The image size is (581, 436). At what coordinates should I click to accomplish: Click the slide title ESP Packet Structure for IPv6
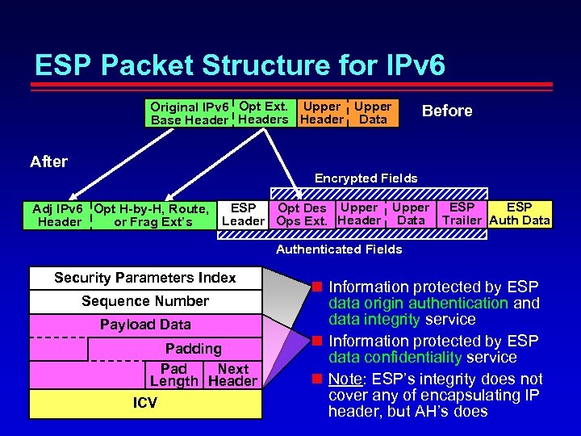240,65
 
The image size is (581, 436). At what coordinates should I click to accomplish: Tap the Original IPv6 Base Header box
190,113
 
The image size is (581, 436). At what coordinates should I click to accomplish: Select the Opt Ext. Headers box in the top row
263,112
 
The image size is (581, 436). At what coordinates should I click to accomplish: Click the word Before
447,111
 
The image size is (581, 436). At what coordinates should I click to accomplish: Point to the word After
48,161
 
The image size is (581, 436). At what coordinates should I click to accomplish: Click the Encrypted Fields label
366,178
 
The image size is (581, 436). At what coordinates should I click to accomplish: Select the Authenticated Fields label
339,249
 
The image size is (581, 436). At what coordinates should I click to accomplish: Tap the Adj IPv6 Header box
59,215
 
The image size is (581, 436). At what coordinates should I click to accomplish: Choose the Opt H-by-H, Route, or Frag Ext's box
153,215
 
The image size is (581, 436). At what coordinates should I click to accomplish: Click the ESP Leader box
243,214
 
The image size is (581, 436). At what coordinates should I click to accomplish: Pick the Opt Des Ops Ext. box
302,214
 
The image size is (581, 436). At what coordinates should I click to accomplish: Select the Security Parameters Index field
145,278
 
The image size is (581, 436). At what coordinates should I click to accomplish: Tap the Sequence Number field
145,301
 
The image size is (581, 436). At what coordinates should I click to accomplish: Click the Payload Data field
145,325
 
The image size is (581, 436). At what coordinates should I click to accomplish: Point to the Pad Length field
173,375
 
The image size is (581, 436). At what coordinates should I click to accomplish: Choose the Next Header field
232,375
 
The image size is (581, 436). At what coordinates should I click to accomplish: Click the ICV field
145,402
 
